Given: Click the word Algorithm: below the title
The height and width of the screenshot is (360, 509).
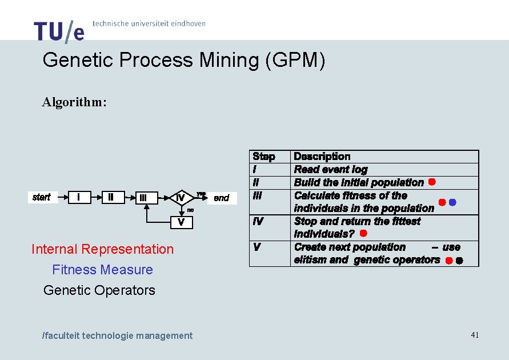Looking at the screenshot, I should (x=74, y=102).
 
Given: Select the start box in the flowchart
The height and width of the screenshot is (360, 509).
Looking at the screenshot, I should (x=42, y=197).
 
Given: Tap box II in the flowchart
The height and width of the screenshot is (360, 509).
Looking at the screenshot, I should (x=111, y=197).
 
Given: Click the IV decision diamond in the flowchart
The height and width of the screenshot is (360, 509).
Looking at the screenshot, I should (x=180, y=198).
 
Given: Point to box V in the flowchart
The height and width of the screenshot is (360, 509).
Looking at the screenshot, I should (x=181, y=222).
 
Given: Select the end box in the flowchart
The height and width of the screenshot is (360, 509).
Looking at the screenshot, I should (x=221, y=198).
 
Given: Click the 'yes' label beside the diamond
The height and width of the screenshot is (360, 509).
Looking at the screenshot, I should (x=201, y=193).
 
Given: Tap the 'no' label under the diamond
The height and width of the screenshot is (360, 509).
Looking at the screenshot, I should (x=191, y=210).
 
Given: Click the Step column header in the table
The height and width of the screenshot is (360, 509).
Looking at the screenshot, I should (x=264, y=157).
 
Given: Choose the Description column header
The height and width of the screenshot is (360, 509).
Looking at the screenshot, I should (x=322, y=157).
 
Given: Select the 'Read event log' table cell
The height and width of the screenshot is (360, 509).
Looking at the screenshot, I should (x=331, y=169).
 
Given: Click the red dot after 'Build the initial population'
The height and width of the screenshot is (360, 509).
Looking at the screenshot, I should (x=432, y=182).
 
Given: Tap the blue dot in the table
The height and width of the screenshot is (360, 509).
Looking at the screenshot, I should (x=452, y=202).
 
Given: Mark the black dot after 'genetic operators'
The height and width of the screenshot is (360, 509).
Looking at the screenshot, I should (x=459, y=261).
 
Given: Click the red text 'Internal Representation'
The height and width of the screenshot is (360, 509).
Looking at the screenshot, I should (x=102, y=249).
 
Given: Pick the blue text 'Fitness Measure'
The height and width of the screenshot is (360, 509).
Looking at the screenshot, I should (x=102, y=270).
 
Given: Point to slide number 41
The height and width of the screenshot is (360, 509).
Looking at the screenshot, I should (x=475, y=335).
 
